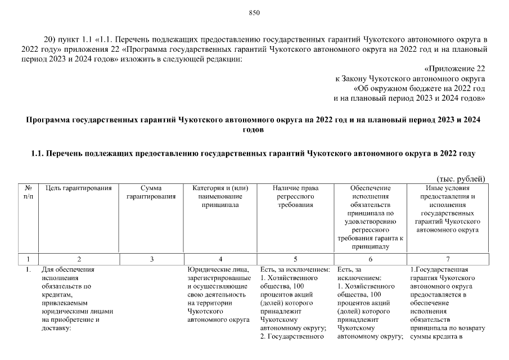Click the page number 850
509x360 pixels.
254,13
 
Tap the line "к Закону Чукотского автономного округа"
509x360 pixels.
410,79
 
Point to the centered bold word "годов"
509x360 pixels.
254,129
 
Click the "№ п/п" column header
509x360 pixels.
28,192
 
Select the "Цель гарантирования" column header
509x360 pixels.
79,188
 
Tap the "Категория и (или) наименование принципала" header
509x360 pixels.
220,196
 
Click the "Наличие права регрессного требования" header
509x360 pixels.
295,196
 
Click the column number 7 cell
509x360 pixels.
447,259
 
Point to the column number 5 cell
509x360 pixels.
295,259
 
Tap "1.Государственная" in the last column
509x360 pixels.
439,269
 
